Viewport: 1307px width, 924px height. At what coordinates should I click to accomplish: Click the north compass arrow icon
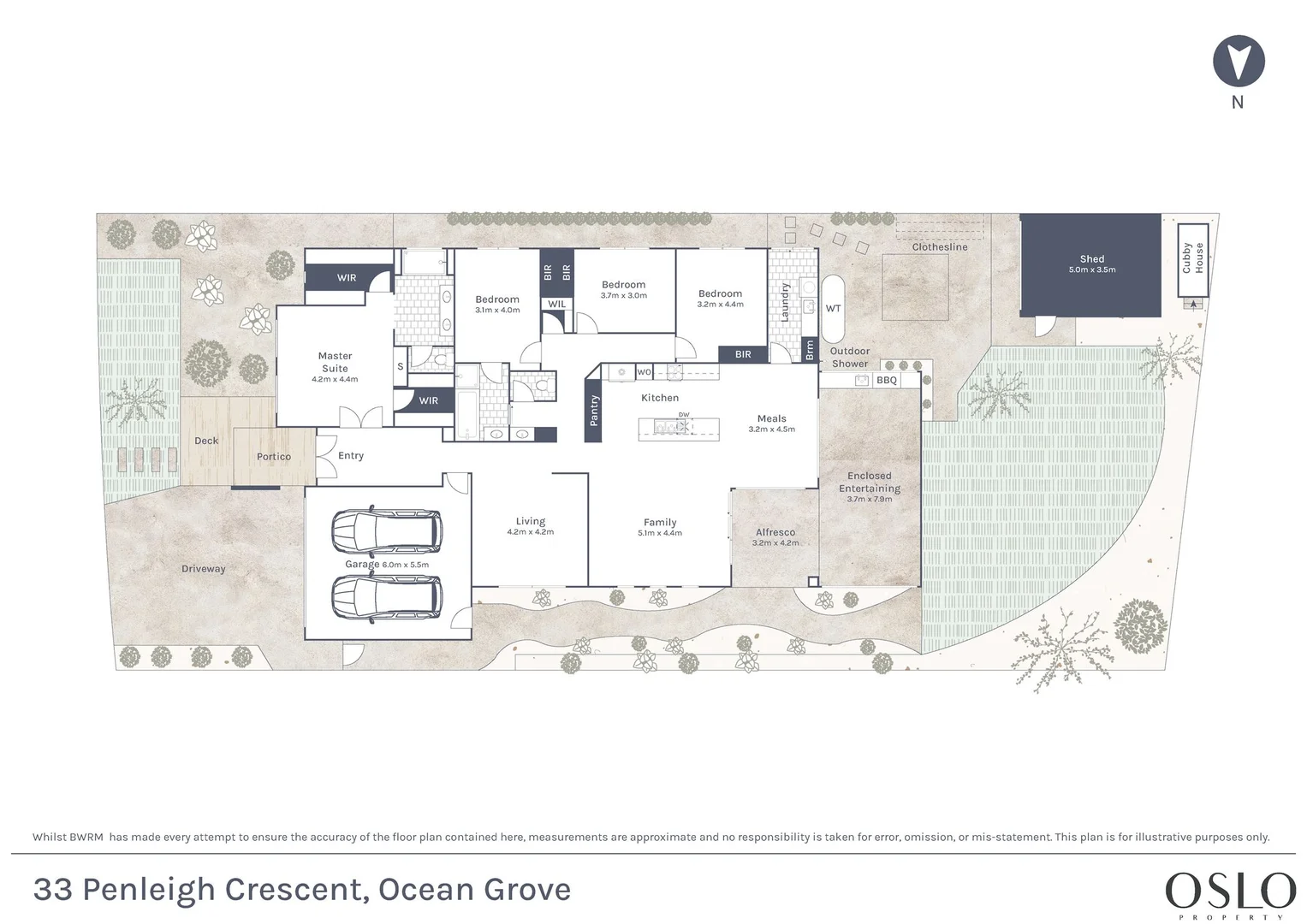pos(1239,61)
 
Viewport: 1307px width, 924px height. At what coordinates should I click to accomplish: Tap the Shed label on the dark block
pos(1091,258)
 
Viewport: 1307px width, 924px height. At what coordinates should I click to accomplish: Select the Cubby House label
pos(1192,258)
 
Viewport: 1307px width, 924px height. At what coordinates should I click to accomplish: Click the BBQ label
pos(886,381)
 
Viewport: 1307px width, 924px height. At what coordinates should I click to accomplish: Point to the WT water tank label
pos(833,308)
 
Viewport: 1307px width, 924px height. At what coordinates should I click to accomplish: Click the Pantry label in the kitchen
pos(594,410)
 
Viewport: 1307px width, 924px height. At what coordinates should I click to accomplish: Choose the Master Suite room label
pos(335,362)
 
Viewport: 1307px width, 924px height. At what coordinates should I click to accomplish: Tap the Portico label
pos(274,456)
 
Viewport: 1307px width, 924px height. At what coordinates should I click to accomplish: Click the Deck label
pos(206,441)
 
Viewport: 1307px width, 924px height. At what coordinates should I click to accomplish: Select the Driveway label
pos(203,568)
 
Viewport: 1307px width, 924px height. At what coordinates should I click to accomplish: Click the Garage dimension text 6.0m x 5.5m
pos(406,565)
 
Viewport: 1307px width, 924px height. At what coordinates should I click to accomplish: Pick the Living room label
pos(531,521)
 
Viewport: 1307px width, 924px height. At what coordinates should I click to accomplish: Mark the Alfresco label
pos(775,532)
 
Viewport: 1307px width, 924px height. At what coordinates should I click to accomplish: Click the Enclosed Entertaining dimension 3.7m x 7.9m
pos(870,499)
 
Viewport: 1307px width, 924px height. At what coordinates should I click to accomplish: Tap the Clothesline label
pos(940,246)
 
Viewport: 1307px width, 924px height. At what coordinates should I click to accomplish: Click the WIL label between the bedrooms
pos(556,304)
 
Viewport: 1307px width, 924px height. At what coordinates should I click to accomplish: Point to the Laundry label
pos(785,302)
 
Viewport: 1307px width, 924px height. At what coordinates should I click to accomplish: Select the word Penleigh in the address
pos(149,890)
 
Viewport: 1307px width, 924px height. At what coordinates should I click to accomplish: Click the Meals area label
pos(771,418)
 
